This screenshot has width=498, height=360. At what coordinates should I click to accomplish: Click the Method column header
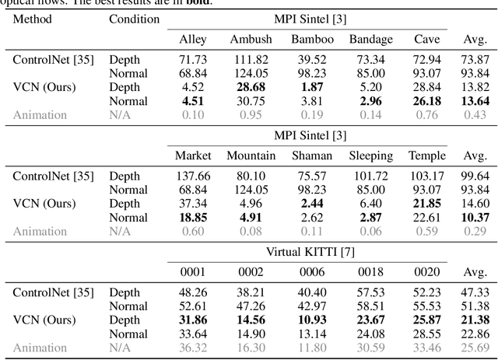(x=32, y=18)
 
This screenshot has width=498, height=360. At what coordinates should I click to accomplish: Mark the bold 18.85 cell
(x=194, y=218)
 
